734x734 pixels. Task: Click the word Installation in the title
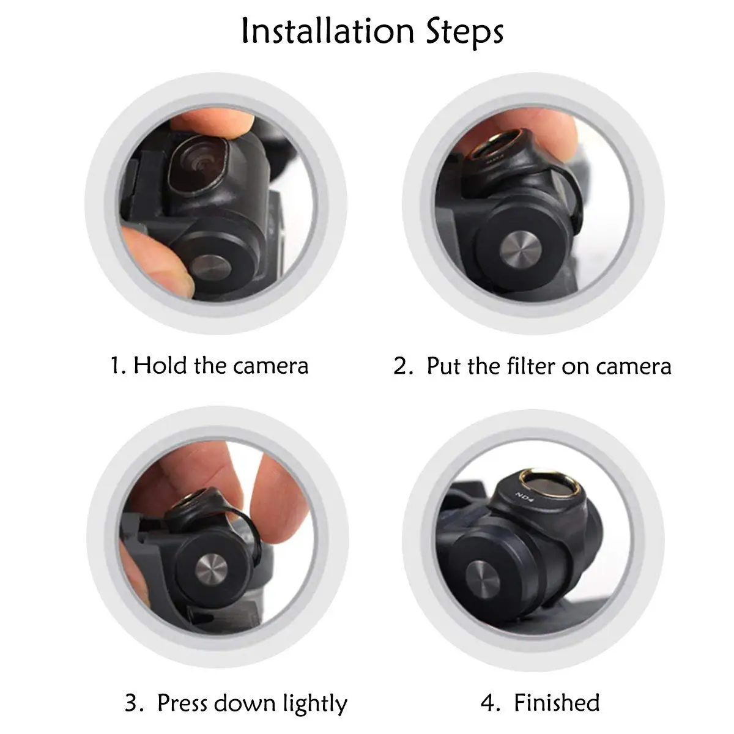(x=328, y=31)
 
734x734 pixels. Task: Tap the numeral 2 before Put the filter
(x=401, y=366)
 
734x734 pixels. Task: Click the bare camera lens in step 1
(x=199, y=164)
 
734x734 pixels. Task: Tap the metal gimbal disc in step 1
(x=210, y=266)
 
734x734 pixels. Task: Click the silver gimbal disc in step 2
(x=521, y=248)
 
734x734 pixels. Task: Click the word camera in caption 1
(x=270, y=366)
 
